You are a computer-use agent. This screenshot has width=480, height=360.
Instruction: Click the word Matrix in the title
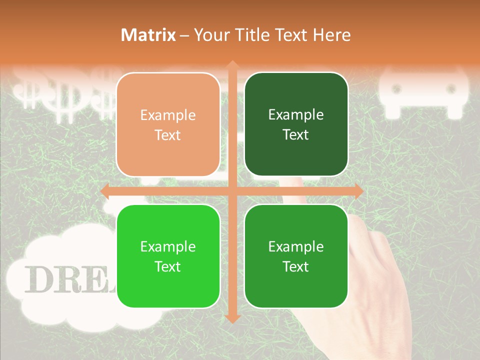pos(148,35)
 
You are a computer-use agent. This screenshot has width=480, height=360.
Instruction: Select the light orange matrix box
pos(168,124)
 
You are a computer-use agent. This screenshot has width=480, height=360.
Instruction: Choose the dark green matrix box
pos(296,124)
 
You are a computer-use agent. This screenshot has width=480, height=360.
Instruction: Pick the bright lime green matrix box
pos(168,256)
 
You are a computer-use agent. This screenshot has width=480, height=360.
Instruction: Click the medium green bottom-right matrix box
pos(296,256)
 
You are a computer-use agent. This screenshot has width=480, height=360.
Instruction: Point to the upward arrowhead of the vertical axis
pos(232,64)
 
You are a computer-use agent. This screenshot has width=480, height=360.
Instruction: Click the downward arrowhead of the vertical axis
pos(232,318)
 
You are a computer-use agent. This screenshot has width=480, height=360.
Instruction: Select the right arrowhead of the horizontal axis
pos(358,191)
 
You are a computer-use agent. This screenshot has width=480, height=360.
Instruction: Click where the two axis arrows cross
pos(232,191)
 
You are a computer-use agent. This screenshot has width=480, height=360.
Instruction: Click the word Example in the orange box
pos(168,115)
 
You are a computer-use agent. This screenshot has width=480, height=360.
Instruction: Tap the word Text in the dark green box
pos(296,134)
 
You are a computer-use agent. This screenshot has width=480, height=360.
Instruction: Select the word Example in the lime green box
pos(168,246)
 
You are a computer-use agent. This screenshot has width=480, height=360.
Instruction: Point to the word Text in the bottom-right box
pos(296,266)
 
